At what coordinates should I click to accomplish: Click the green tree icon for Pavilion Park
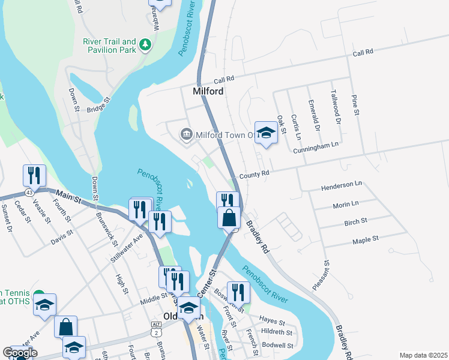(145, 44)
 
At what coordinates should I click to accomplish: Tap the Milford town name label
(208, 92)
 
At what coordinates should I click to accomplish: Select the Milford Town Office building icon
(186, 134)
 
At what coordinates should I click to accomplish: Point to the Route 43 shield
(29, 192)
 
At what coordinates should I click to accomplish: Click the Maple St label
(366, 239)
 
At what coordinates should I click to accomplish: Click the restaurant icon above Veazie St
(34, 175)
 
